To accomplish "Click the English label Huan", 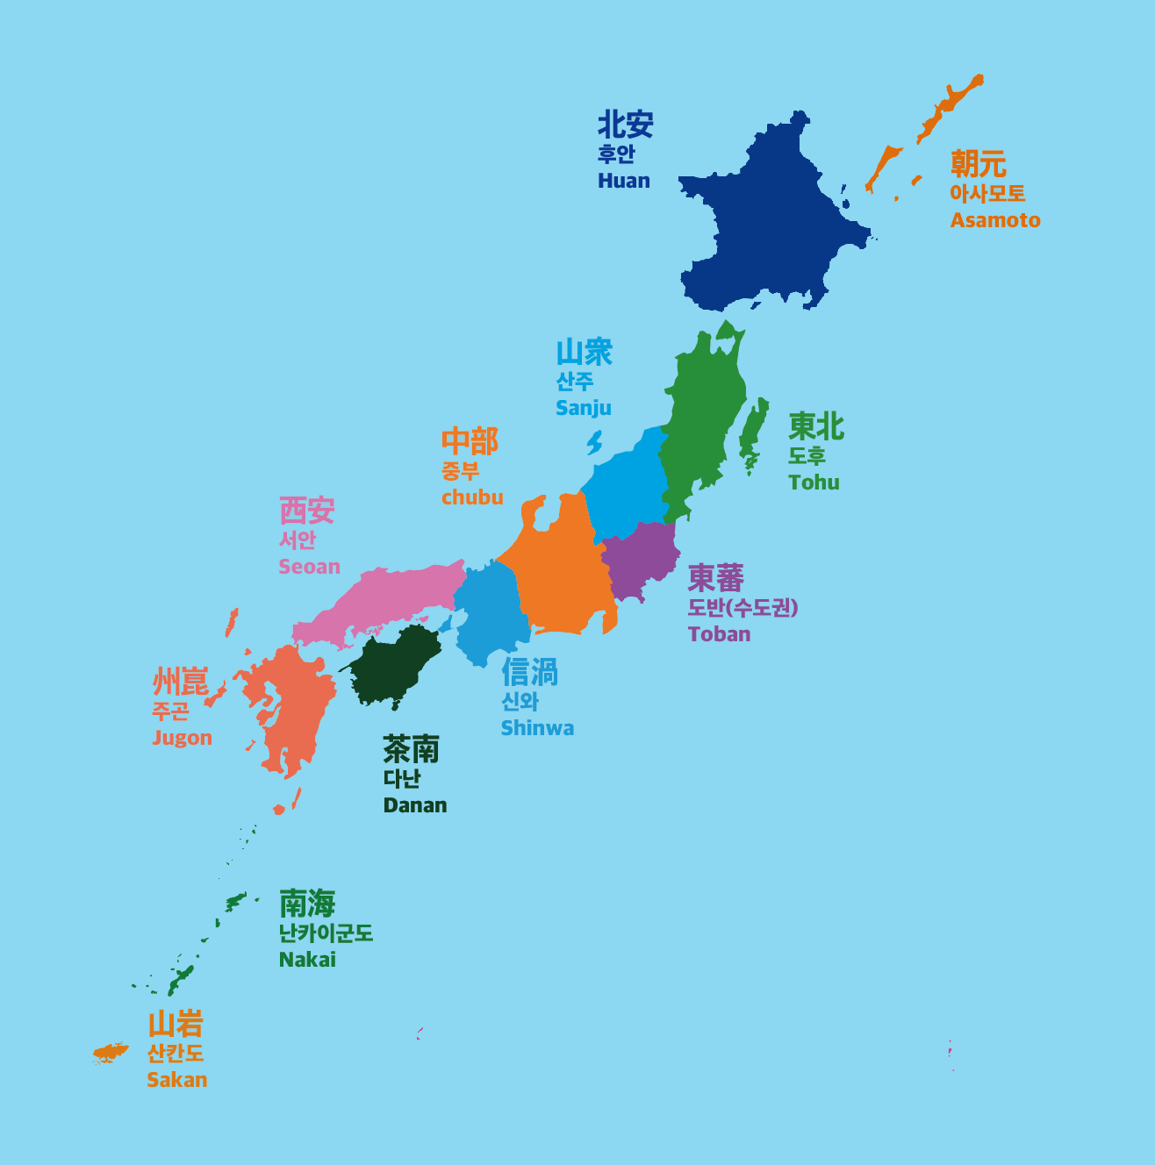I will (624, 181).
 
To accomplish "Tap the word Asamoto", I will (995, 220).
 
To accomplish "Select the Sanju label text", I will (583, 408).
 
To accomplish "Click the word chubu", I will (472, 497).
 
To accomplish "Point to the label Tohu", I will (814, 482).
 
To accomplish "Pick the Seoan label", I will (309, 567).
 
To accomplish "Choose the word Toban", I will (719, 634).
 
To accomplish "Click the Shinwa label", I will (537, 728).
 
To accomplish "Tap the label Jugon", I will (182, 738).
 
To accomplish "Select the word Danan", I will (414, 805).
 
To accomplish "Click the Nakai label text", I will (307, 960).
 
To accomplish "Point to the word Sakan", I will (176, 1080).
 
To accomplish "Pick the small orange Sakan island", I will (110, 1052).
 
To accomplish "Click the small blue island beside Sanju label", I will (595, 442).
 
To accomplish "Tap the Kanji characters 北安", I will (625, 125).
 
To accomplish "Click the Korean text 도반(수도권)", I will (742, 607).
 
